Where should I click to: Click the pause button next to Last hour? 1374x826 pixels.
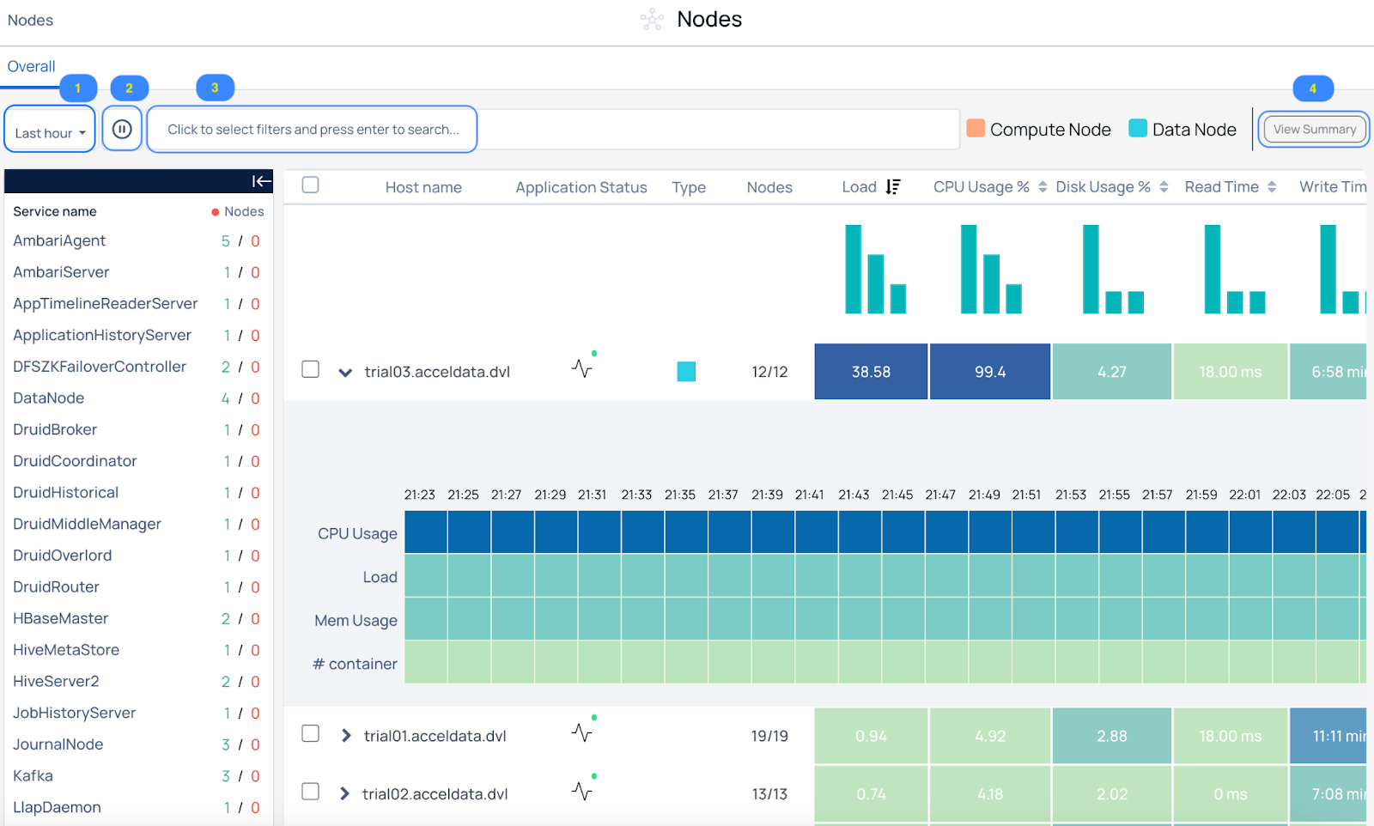(x=122, y=130)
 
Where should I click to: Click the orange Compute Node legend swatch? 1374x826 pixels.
(x=976, y=129)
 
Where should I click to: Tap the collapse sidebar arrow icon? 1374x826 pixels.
(x=261, y=181)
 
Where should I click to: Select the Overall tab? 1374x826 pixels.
(x=31, y=66)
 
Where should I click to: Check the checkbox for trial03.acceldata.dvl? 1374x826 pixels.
(x=310, y=369)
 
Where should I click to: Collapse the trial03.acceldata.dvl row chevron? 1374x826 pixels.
(x=345, y=373)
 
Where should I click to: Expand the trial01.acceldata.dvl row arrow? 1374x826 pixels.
(x=346, y=735)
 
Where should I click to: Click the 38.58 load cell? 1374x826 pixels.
(x=871, y=372)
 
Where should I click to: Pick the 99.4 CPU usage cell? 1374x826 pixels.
(x=989, y=372)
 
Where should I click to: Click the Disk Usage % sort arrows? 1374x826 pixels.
(x=1164, y=187)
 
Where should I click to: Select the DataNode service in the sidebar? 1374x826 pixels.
(x=48, y=398)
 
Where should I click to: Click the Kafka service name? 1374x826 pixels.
(x=33, y=775)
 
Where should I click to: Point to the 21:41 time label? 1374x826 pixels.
(x=809, y=495)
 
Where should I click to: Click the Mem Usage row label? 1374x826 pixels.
(x=356, y=621)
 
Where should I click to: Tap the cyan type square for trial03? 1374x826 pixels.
(x=686, y=372)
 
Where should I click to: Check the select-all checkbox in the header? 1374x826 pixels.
(x=310, y=185)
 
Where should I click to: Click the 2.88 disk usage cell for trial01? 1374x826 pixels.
(x=1111, y=736)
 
